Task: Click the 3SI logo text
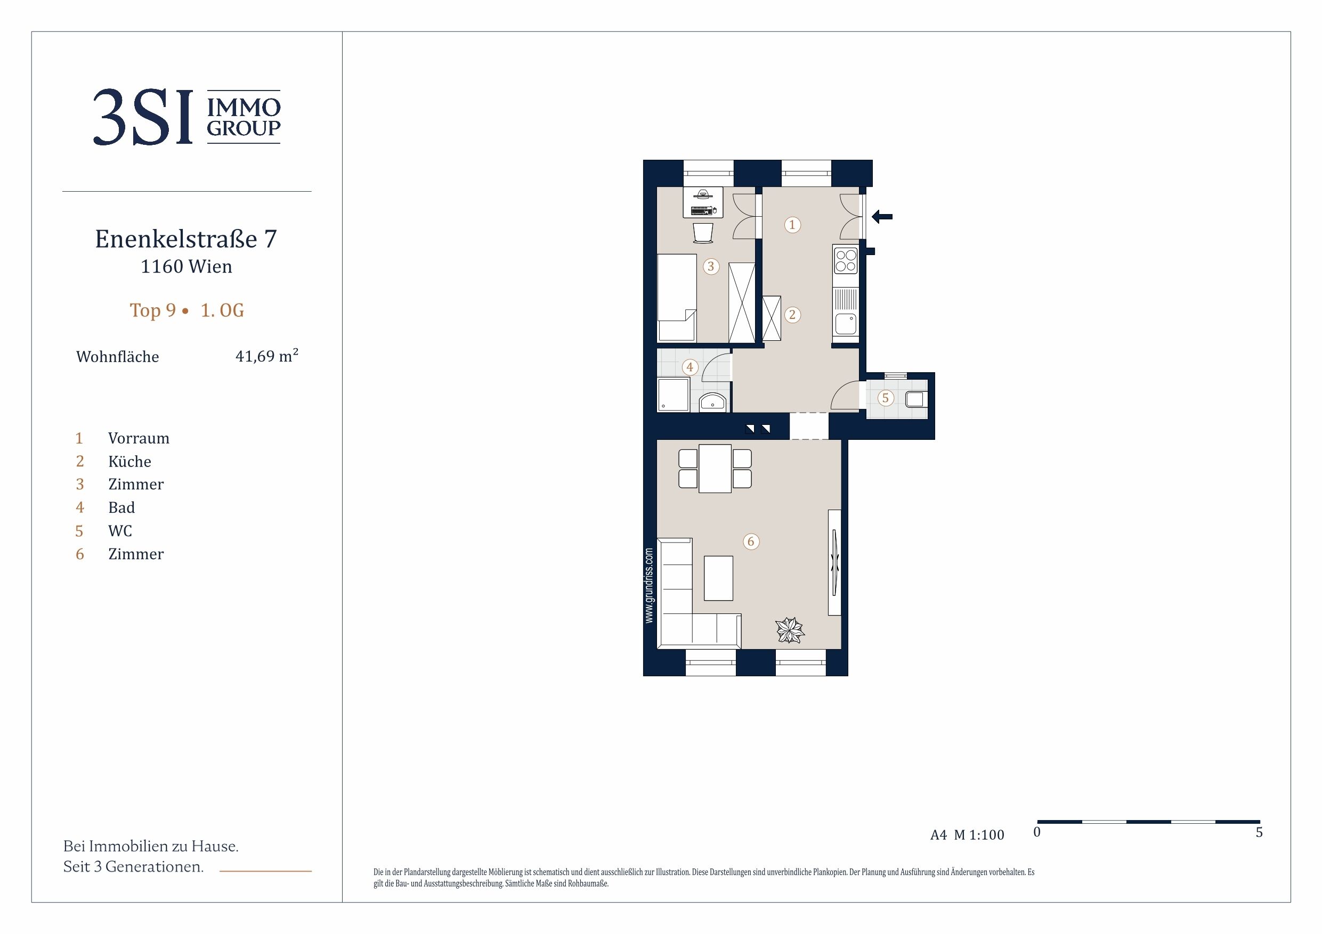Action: click(x=143, y=117)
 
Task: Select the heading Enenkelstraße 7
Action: click(x=186, y=239)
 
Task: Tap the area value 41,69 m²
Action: click(x=266, y=356)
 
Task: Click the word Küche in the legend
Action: click(x=129, y=462)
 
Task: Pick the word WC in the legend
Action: click(x=120, y=530)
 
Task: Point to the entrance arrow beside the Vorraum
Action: click(x=882, y=217)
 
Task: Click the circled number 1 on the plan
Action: click(x=792, y=224)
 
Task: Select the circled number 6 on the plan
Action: click(x=751, y=542)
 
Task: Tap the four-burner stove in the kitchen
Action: click(x=845, y=259)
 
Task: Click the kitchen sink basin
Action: click(x=845, y=324)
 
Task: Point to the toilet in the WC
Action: click(x=915, y=398)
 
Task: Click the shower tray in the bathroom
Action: click(x=673, y=394)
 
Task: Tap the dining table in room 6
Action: click(x=715, y=469)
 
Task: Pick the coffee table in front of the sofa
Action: click(x=719, y=578)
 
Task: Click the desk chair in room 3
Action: click(x=703, y=233)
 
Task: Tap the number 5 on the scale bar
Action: click(x=1259, y=832)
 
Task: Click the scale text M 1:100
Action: click(x=979, y=834)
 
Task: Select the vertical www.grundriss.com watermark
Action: click(x=650, y=585)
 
